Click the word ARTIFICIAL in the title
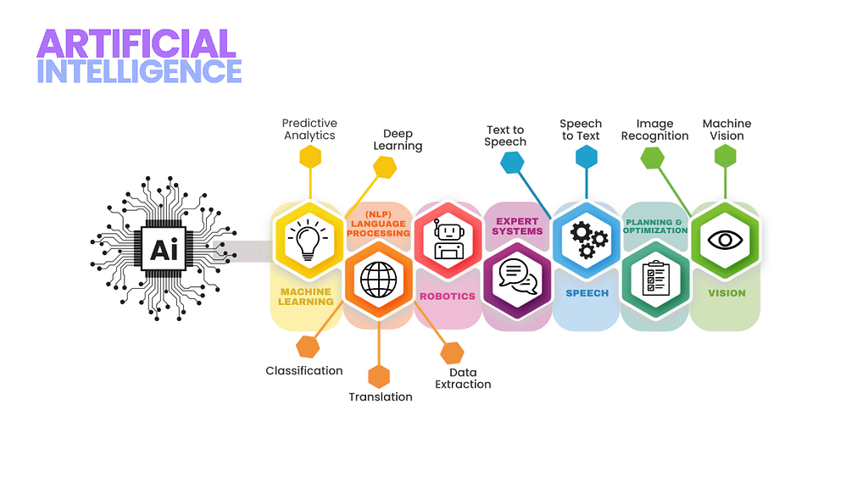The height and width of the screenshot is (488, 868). pos(136,43)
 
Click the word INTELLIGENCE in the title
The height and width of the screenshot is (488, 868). pos(140,71)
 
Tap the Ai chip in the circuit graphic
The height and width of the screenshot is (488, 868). pos(164,248)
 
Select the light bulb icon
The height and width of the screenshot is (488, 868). pos(308,239)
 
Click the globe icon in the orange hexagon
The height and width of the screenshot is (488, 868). pos(378,279)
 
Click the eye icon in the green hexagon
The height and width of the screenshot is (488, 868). pos(726,239)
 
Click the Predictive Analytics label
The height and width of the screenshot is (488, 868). pos(309,129)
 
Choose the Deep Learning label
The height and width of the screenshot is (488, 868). pos(398,140)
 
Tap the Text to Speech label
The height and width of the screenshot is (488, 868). pos(505,136)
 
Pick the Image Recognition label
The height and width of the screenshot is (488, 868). pos(654,130)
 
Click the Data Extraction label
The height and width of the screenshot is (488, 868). pos(463,378)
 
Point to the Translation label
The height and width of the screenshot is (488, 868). pos(381,396)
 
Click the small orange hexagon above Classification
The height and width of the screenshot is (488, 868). pos(308,347)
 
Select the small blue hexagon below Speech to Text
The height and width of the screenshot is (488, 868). pos(587,157)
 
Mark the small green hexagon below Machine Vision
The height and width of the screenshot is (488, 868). pos(726,156)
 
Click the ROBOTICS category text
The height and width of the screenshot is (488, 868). pos(448,297)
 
